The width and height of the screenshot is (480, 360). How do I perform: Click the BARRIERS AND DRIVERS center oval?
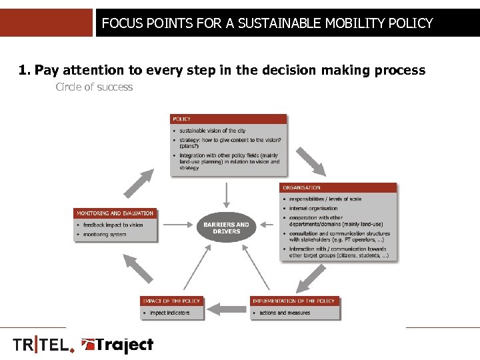coord(227,227)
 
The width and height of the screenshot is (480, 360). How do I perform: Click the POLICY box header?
coord(229,119)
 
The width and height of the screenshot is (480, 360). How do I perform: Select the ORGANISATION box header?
coord(338,187)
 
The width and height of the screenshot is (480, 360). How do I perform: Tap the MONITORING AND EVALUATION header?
coord(115,213)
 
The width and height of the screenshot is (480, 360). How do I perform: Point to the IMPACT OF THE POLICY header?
coord(171,301)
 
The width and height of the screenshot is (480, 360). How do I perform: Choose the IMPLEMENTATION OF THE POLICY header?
coord(294,301)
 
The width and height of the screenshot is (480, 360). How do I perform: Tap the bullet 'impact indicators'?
coord(169,312)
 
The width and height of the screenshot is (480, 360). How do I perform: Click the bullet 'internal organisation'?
coord(313,208)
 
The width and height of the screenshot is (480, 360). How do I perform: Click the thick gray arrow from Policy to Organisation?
coord(309,161)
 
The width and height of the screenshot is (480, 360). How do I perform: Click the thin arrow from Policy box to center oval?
coord(227,195)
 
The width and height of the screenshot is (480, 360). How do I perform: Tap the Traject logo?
coord(117,345)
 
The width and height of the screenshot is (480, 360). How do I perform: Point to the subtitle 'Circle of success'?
coord(94,87)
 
